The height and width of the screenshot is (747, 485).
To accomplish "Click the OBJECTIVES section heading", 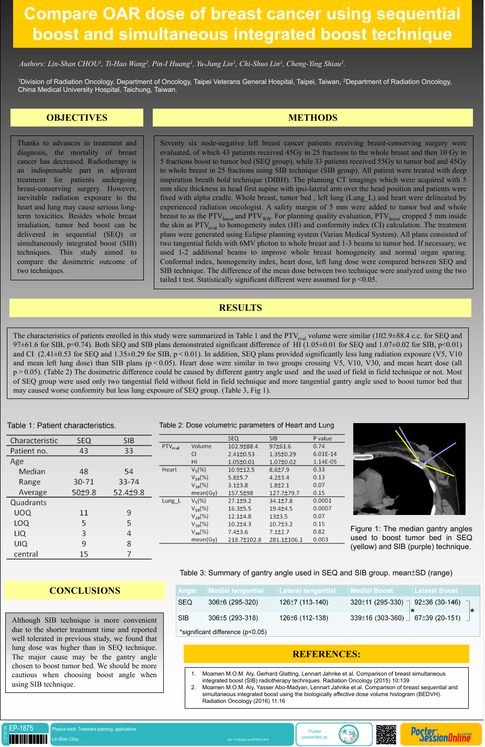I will coord(77,118).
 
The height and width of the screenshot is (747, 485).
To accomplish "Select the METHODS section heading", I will coord(313,118).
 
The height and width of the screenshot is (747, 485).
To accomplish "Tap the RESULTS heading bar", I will coord(240,308).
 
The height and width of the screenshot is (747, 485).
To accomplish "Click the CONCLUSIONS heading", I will coord(85,591).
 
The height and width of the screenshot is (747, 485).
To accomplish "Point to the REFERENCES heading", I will coord(326,654).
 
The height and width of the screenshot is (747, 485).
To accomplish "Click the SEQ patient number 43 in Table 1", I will coord(83,451).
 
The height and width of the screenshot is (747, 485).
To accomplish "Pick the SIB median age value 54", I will coord(129,471).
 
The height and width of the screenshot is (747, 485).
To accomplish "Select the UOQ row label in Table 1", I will coord(22,512).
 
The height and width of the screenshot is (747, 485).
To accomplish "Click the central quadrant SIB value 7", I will coord(129,554).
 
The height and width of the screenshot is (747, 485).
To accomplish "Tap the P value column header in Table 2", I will coord(322,438).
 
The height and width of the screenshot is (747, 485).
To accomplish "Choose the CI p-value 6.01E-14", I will coord(324,454).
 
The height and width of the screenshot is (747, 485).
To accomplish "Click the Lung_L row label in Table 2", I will coord(171,501).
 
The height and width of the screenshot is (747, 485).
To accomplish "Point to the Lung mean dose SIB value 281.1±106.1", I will coord(286,540).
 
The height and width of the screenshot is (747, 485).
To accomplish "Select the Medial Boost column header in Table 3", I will coord(371,591).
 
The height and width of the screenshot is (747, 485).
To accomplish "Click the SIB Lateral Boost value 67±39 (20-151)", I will coord(437,618).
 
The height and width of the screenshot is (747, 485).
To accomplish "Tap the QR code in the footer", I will coord(386,734).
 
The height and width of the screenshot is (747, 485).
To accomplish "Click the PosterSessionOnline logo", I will coord(440,734).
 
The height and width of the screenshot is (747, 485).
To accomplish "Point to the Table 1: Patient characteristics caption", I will coord(61,426).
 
